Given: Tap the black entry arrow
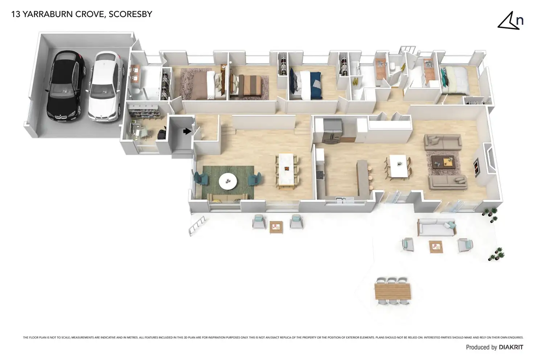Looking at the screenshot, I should click(x=187, y=131).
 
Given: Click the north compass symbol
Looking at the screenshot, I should click(x=510, y=21).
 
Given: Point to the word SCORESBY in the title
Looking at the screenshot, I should click(x=130, y=14).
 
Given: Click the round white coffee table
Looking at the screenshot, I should click(x=228, y=180).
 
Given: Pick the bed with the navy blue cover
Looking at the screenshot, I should click(x=305, y=85).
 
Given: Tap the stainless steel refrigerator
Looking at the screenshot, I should click(x=332, y=130).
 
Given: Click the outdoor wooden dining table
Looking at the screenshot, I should click(x=393, y=291).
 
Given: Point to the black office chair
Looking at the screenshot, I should click(x=162, y=134).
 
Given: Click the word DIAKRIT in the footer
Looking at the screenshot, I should click(x=511, y=347).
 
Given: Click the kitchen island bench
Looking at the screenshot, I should click(x=363, y=178).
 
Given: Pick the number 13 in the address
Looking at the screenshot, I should click(x=16, y=14).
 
